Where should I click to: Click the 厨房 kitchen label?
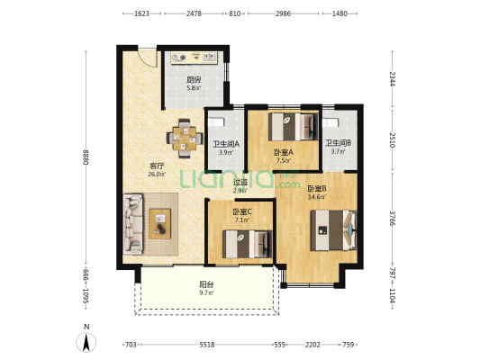pyautogui.click(x=194, y=80)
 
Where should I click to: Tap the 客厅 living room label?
pyautogui.click(x=157, y=166)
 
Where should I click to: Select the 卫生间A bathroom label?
pyautogui.click(x=226, y=143)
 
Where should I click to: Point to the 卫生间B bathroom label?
pyautogui.click(x=339, y=143)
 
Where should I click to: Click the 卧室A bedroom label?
pyautogui.click(x=284, y=152)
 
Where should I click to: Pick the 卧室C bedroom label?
pyautogui.click(x=242, y=211)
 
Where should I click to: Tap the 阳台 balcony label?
pyautogui.click(x=206, y=284)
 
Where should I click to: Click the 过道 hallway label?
pyautogui.click(x=240, y=183)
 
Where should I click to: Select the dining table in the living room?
pyautogui.click(x=185, y=139)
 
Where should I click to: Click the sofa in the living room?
pyautogui.click(x=133, y=224)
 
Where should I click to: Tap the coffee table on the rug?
pyautogui.click(x=159, y=223)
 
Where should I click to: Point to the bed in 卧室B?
pyautogui.click(x=334, y=230)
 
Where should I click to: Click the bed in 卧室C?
pyautogui.click(x=248, y=244)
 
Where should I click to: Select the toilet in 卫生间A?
pyautogui.click(x=216, y=122)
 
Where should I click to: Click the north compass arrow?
pyautogui.click(x=86, y=343)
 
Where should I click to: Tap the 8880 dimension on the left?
pyautogui.click(x=86, y=157)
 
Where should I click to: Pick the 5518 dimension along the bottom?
pyautogui.click(x=207, y=345)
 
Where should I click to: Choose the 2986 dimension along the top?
pyautogui.click(x=283, y=13)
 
